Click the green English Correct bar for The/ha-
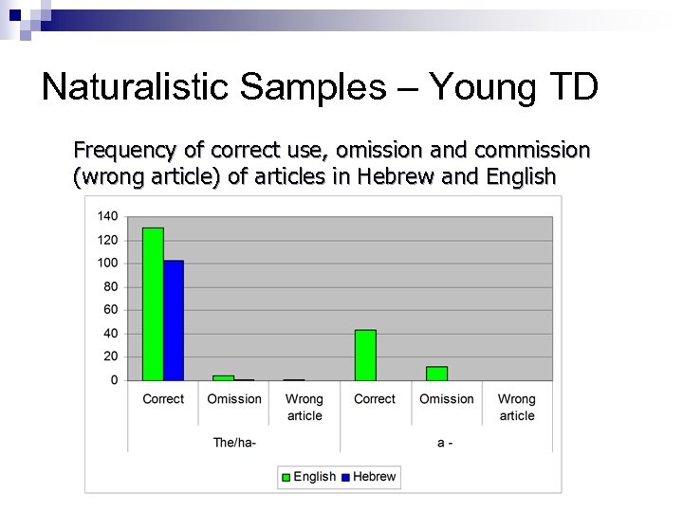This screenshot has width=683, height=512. click(153, 303)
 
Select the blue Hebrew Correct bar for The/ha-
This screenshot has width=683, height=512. click(174, 320)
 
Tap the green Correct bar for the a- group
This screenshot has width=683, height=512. click(365, 355)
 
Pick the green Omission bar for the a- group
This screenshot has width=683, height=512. click(436, 374)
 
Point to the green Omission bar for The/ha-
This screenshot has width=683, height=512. click(223, 377)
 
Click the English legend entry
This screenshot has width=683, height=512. click(308, 476)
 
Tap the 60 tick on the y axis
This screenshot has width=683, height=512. click(110, 310)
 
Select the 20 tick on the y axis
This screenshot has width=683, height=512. click(110, 357)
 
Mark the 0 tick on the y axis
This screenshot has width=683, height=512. click(114, 380)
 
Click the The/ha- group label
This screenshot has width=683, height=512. click(234, 442)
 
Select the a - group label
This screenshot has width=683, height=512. click(446, 442)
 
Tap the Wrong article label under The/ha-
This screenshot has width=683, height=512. click(305, 408)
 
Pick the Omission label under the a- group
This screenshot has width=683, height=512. click(446, 399)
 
